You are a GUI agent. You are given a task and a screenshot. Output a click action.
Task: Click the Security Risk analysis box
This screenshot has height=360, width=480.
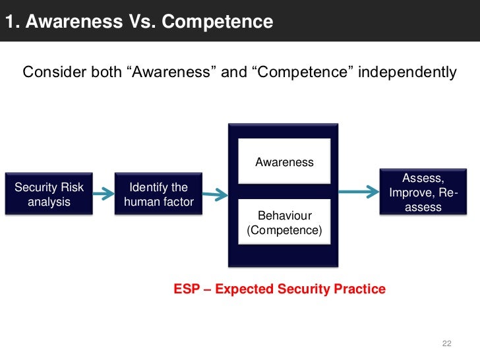click(49, 194)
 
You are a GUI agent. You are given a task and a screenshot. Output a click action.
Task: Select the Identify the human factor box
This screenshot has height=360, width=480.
click(158, 194)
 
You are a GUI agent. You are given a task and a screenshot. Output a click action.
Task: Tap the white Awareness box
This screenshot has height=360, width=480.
click(284, 162)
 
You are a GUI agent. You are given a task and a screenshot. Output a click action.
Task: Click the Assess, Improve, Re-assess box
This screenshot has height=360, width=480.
click(423, 193)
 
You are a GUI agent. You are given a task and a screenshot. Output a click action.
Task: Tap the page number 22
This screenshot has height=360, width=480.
click(446, 344)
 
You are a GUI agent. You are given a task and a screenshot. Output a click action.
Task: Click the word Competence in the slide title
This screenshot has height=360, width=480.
click(217, 22)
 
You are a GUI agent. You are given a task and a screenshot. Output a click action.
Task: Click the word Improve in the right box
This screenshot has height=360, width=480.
click(411, 193)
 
